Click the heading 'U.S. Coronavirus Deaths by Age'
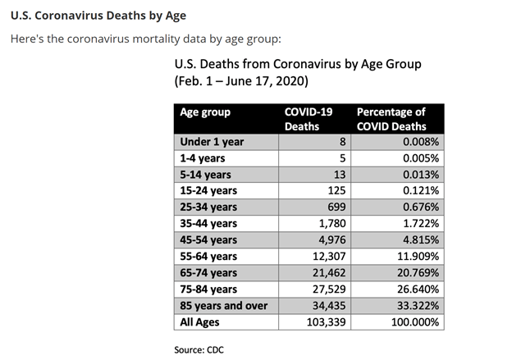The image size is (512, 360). [x=98, y=15]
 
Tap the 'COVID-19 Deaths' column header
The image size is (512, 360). [x=304, y=119]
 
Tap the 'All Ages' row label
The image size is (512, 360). [x=200, y=321]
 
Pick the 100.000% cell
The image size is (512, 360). [x=415, y=321]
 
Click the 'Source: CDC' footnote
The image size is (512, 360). [x=200, y=349]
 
